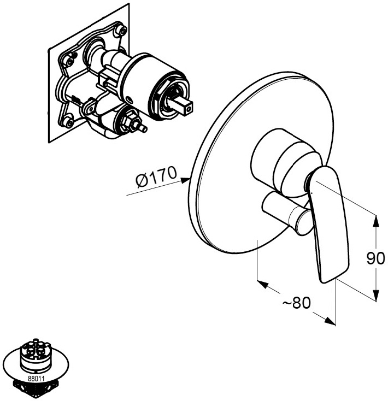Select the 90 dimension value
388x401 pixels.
point(375,258)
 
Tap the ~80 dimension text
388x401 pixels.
point(297,303)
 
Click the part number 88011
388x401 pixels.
point(36,379)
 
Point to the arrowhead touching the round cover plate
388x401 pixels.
point(185,180)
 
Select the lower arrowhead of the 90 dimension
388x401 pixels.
point(375,295)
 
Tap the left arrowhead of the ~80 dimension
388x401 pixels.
point(262,284)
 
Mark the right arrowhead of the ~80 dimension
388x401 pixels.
point(330,321)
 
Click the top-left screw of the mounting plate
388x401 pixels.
point(69,61)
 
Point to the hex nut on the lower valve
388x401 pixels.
point(131,121)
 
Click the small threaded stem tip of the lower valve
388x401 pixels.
point(143,128)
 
